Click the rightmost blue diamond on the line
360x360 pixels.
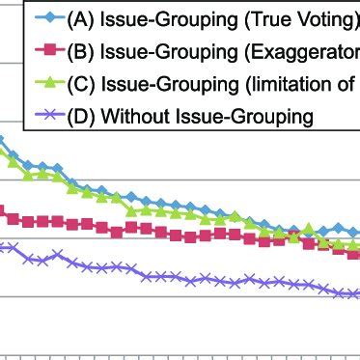pyautogui.click(x=354, y=233)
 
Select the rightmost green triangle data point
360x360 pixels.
pyautogui.click(x=354, y=246)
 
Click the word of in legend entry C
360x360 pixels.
pyautogui.click(x=345, y=84)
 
